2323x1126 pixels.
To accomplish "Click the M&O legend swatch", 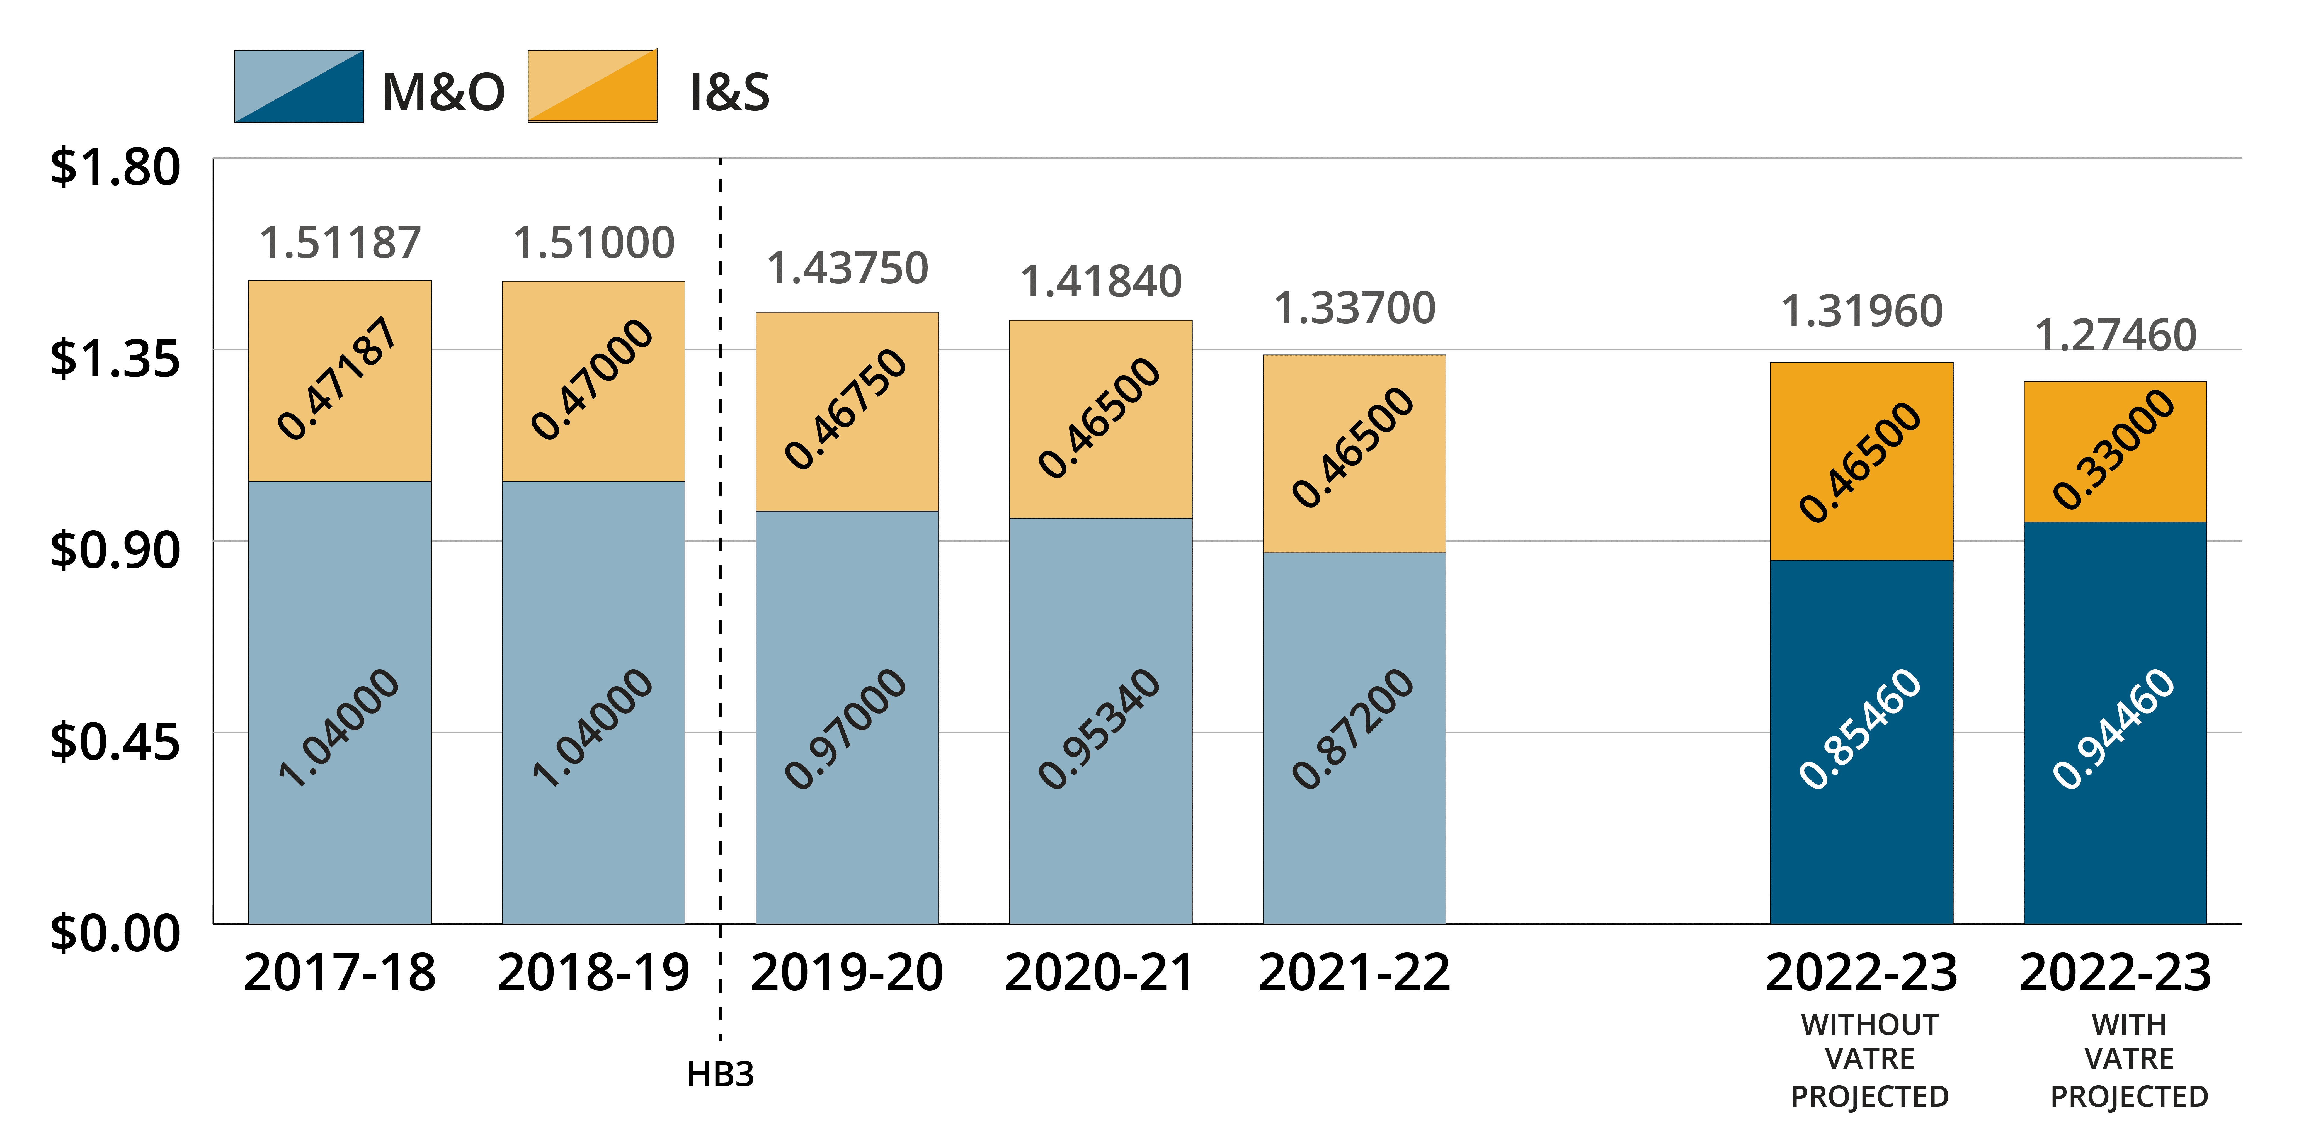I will pyautogui.click(x=299, y=87).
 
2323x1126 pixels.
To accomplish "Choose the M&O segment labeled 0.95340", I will pyautogui.click(x=1100, y=721).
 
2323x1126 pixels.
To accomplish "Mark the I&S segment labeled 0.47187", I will pyautogui.click(x=340, y=380).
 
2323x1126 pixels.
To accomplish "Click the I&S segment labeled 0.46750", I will pyautogui.click(x=847, y=411).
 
